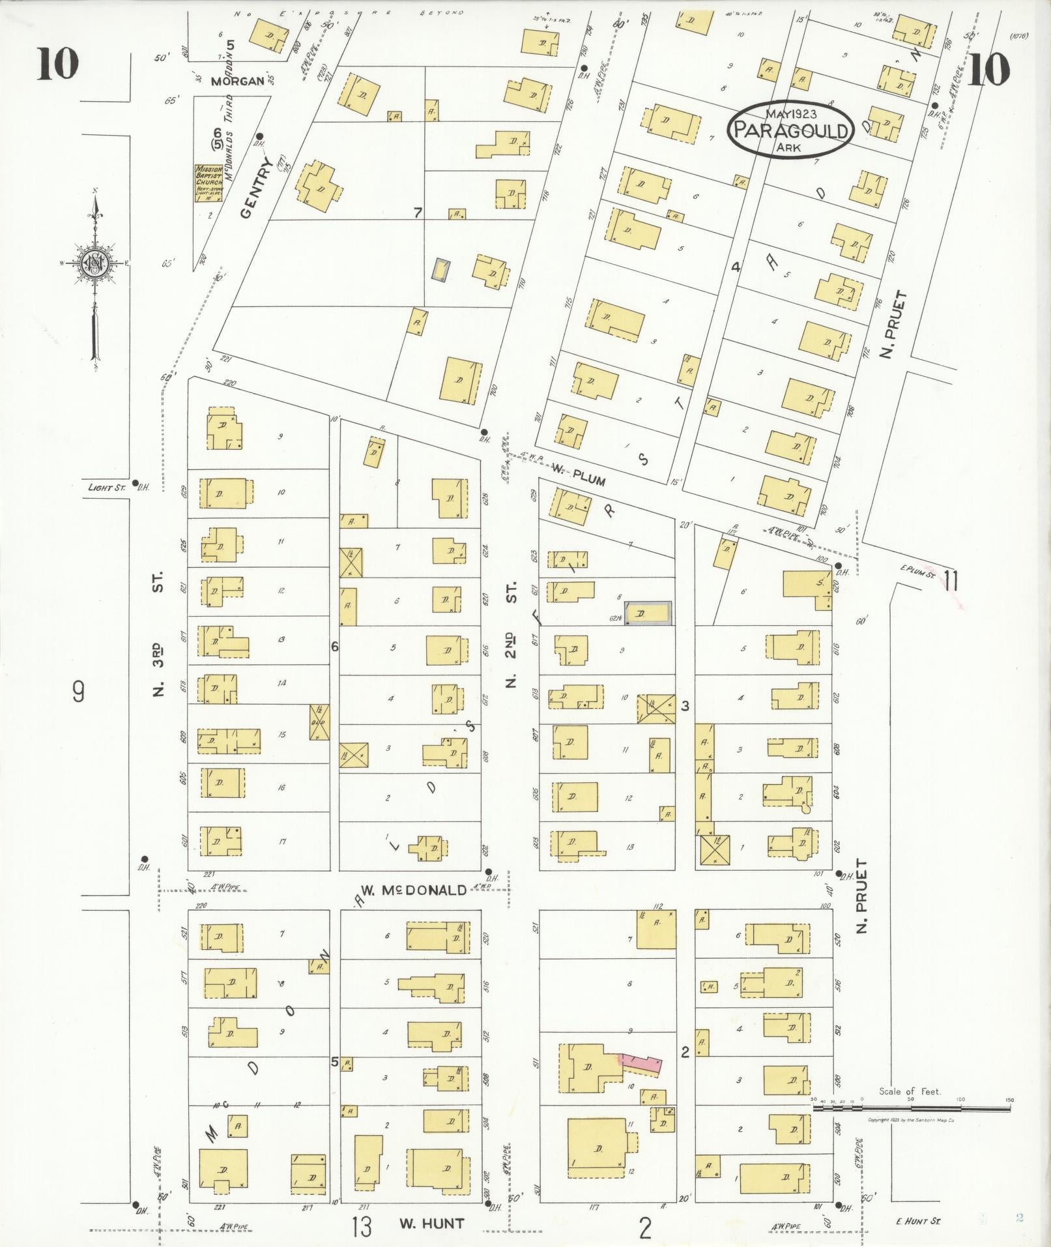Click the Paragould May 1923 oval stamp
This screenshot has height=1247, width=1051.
click(791, 130)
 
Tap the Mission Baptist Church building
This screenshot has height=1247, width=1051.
click(209, 182)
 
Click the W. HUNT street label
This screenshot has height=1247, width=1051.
click(433, 1224)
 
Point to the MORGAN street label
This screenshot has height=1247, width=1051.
click(238, 81)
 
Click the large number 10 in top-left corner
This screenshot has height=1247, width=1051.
click(57, 65)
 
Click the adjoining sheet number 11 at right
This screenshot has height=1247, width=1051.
click(951, 579)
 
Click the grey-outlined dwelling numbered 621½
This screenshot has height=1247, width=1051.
click(648, 613)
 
